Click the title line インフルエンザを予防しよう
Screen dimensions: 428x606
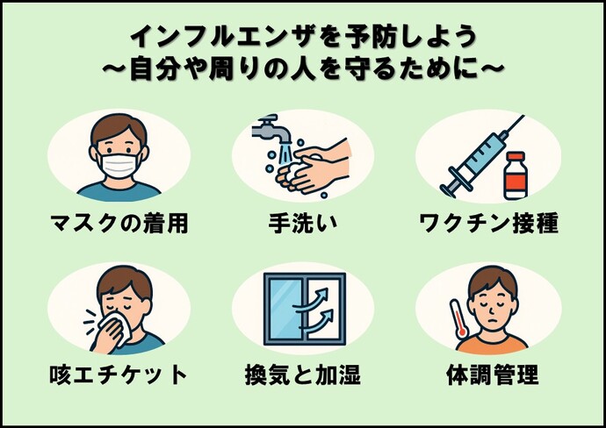point(303,36)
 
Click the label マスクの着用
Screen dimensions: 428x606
point(119,224)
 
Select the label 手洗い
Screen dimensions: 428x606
point(303,224)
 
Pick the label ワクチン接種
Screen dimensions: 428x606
point(488,224)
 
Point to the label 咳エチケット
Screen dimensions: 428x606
point(119,375)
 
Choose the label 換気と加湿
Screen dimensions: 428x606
point(303,375)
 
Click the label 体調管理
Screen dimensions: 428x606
point(488,375)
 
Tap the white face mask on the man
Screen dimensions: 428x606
point(119,163)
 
